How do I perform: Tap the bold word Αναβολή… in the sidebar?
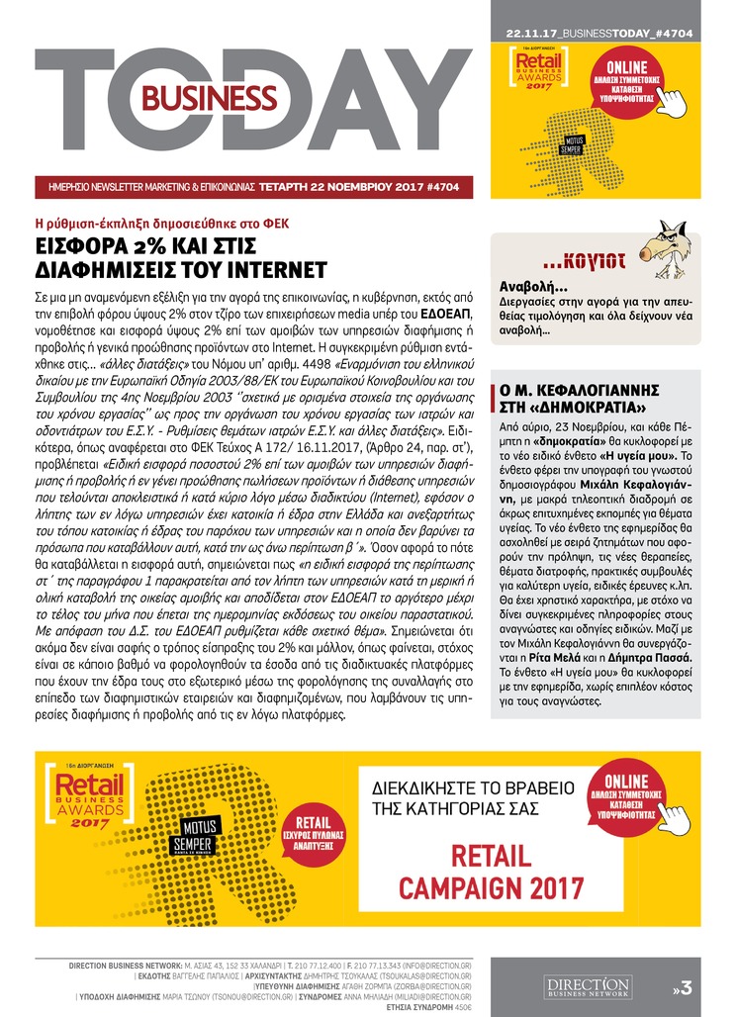tap(525, 285)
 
